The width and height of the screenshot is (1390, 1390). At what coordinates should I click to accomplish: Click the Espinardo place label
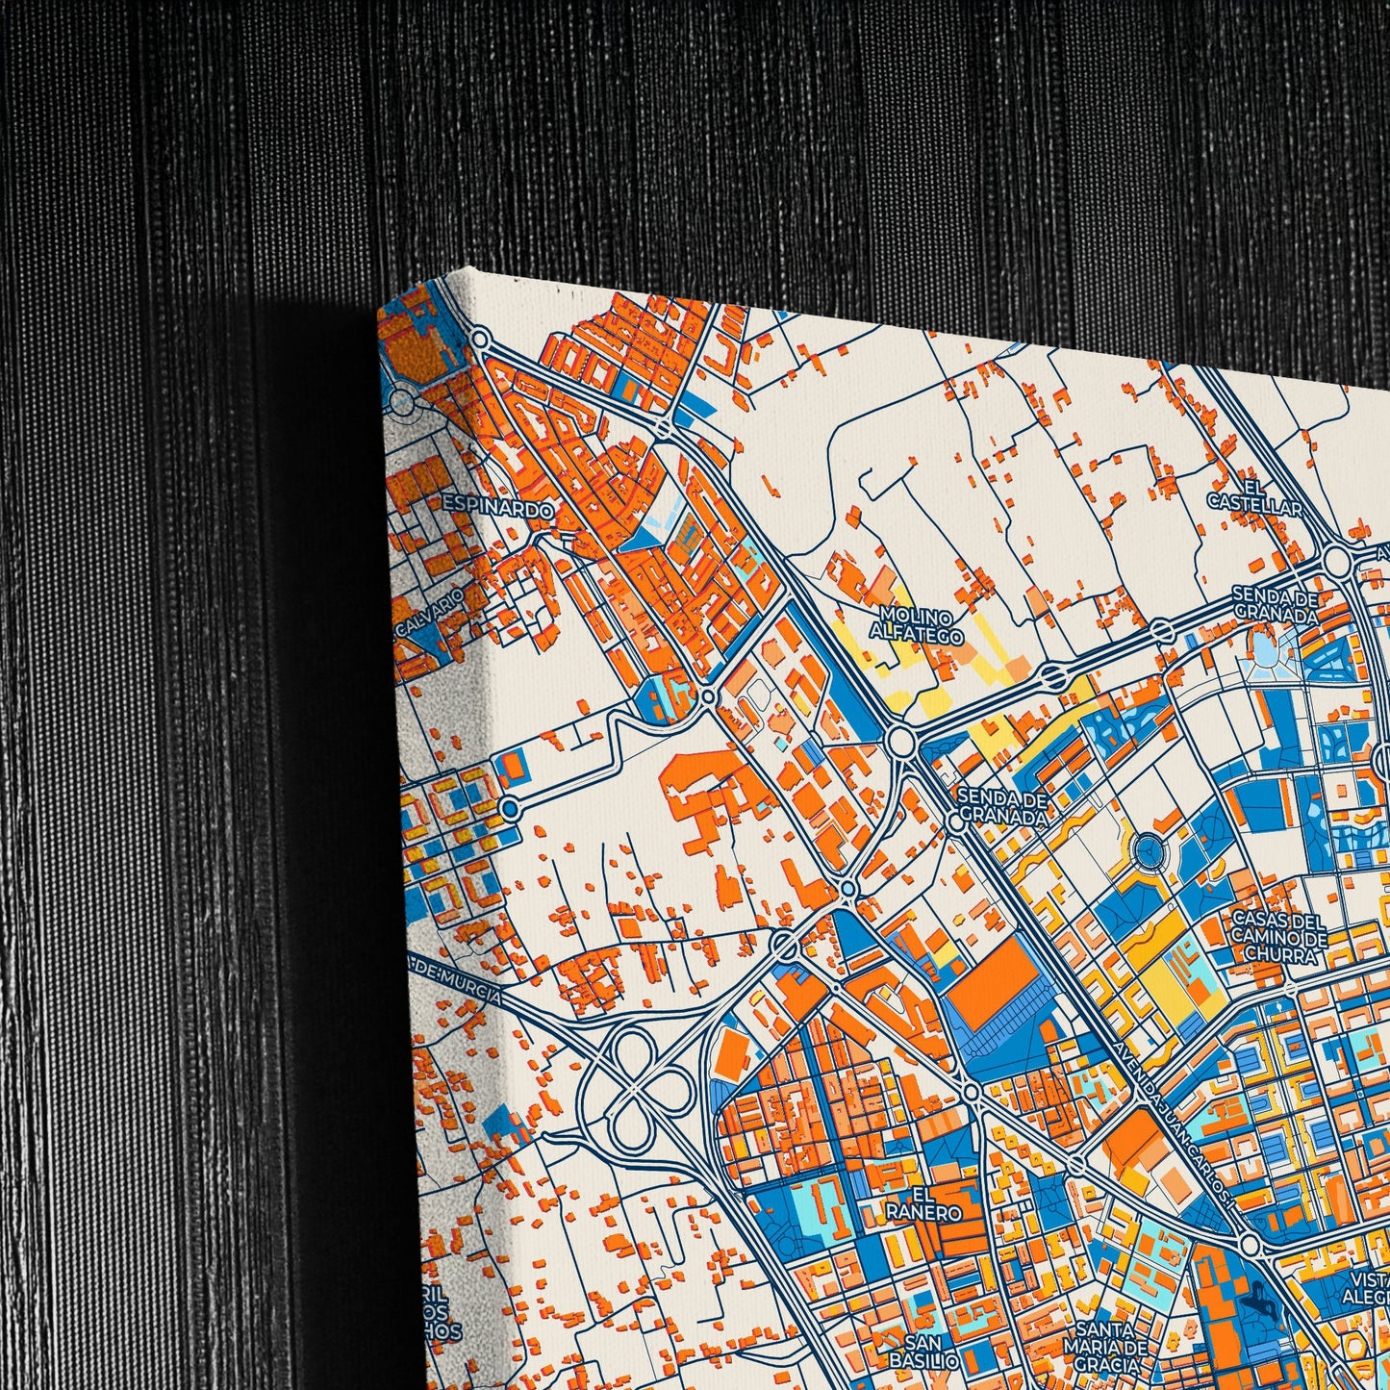pos(497,509)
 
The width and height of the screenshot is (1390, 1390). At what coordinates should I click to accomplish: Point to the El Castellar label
pos(1254,495)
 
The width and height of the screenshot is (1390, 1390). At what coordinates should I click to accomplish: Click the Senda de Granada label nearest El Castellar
pos(1275,605)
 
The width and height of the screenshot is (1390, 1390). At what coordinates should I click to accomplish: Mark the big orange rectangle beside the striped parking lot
pos(994,971)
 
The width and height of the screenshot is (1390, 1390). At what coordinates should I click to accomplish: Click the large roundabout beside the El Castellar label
pos(1336,559)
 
